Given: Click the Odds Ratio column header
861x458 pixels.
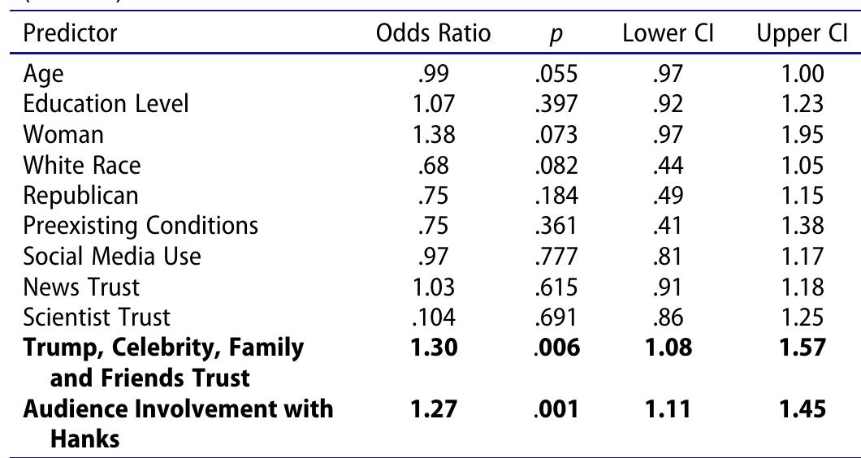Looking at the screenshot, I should point(433,33).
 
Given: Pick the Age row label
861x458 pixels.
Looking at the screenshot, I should point(43,75).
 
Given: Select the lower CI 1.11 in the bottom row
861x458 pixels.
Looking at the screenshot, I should point(669,409).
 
